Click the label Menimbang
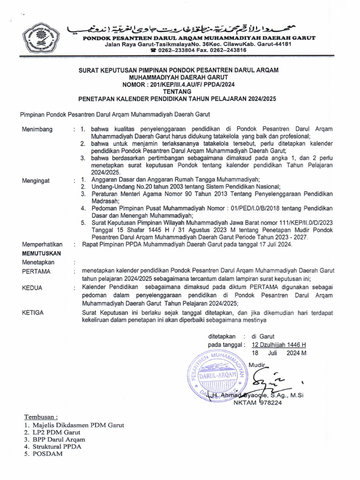click(37, 129)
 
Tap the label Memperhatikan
click(42, 245)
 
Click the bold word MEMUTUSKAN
click(42, 253)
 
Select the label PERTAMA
click(36, 271)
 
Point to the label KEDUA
click(33, 288)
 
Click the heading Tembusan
click(41, 417)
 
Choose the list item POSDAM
click(47, 454)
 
